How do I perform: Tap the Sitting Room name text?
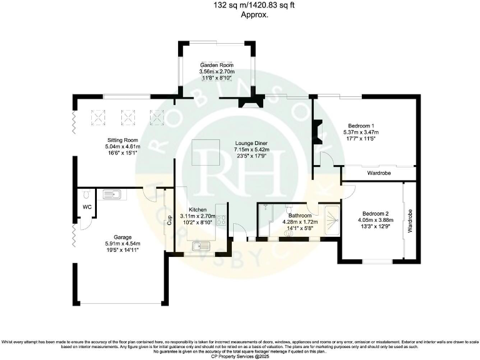coord(105,140)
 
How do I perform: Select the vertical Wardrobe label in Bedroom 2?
coord(410,221)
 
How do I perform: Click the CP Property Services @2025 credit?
coord(240,356)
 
